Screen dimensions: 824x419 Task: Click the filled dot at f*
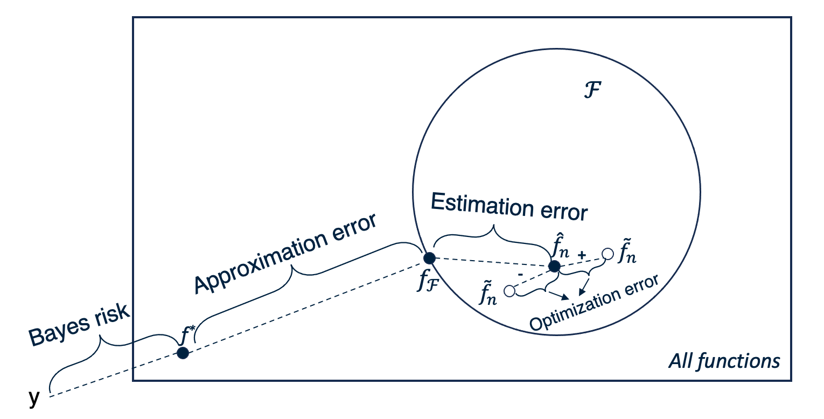tap(183, 353)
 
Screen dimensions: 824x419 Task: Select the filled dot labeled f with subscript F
tap(429, 259)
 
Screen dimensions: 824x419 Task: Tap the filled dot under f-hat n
tap(554, 266)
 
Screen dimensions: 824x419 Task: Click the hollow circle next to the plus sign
tap(607, 254)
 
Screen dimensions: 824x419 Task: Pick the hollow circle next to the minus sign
tap(509, 291)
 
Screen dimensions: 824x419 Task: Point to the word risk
tap(111, 315)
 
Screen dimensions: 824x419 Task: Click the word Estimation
tap(482, 205)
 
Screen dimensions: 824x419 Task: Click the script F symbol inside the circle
tap(592, 90)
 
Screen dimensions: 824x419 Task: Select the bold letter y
tap(34, 397)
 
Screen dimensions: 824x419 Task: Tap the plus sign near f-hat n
tap(582, 255)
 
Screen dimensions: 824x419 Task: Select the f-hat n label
tap(560, 246)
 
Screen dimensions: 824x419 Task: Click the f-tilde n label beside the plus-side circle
tap(627, 250)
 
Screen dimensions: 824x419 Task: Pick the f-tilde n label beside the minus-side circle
tap(488, 293)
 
